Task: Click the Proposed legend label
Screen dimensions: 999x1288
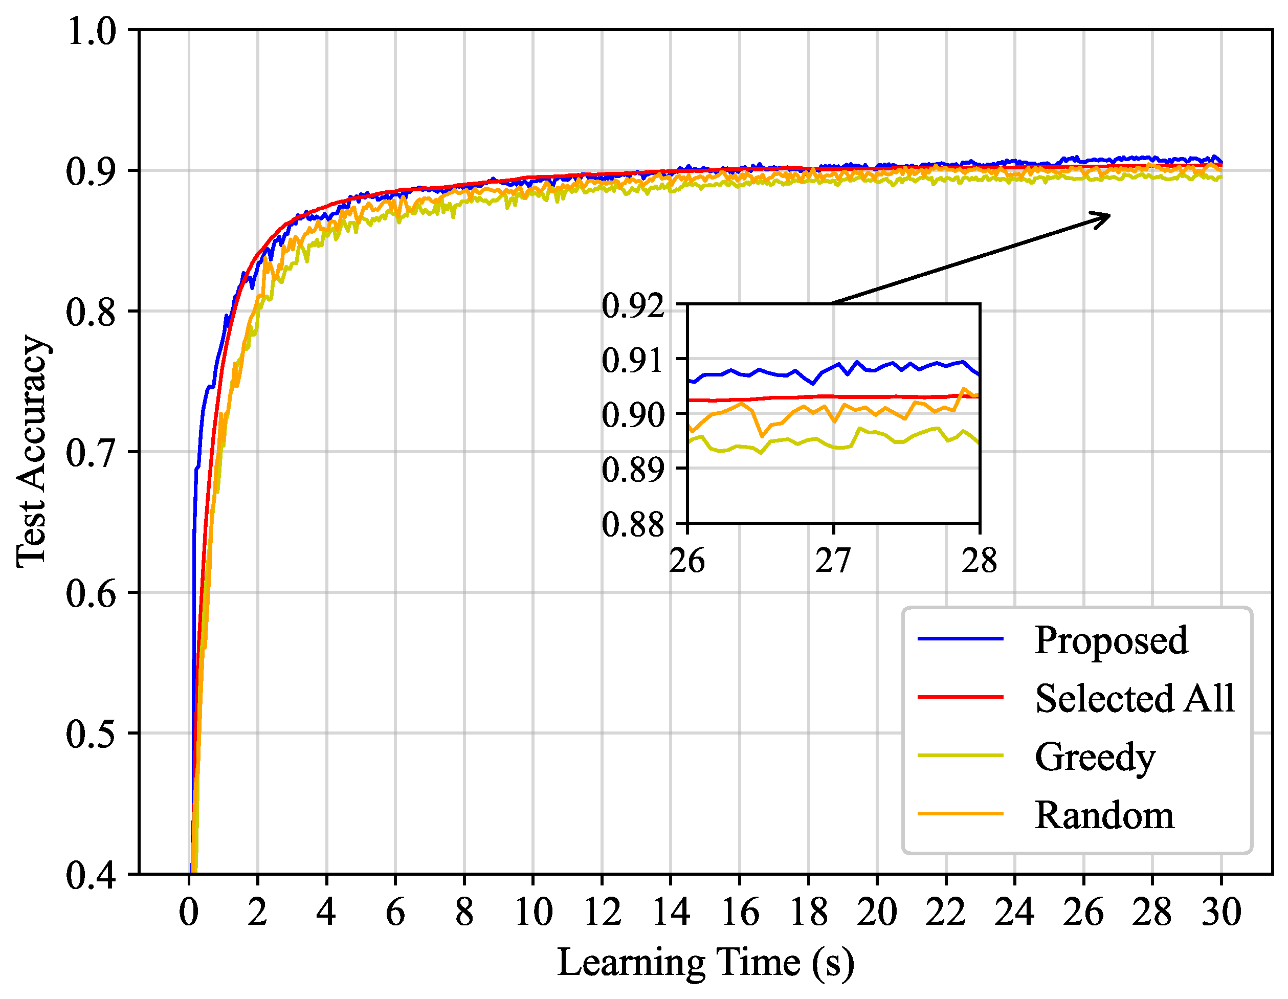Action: point(1111,640)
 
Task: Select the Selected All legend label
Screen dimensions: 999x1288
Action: point(1134,698)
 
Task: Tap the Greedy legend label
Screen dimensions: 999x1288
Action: point(1095,757)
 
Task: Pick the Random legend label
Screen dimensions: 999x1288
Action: point(1104,815)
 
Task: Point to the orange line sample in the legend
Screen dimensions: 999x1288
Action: point(960,814)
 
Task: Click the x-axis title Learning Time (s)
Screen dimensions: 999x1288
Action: point(705,963)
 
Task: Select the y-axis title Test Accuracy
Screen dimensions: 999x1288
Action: point(32,451)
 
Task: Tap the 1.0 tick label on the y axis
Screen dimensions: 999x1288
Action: point(92,31)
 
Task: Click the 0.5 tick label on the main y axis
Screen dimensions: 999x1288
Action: point(92,734)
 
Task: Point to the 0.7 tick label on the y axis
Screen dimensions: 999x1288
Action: point(92,453)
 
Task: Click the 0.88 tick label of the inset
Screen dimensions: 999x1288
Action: point(632,524)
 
